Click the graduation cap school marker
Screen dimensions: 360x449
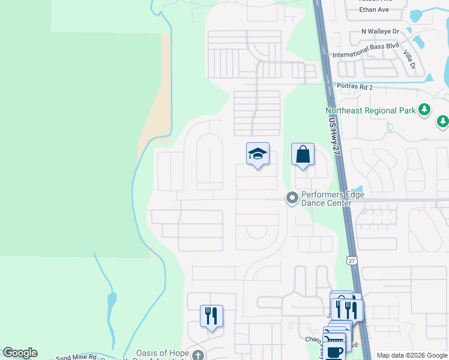coord(258,155)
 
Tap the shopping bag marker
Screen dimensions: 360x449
coord(303,155)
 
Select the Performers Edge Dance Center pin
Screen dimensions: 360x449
coord(292,198)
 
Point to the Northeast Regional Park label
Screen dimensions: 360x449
coord(370,110)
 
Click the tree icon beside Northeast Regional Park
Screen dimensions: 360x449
coord(425,109)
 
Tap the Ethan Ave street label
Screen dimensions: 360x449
coord(375,10)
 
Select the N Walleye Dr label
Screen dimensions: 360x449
coord(380,31)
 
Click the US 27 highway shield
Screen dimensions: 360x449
coord(351,259)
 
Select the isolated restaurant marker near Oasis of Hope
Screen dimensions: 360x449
coord(211,315)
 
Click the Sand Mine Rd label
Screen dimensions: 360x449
coord(76,357)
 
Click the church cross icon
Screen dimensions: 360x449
coord(199,355)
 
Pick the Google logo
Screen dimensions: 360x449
coord(20,353)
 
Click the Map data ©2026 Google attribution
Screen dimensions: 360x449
coord(411,355)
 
